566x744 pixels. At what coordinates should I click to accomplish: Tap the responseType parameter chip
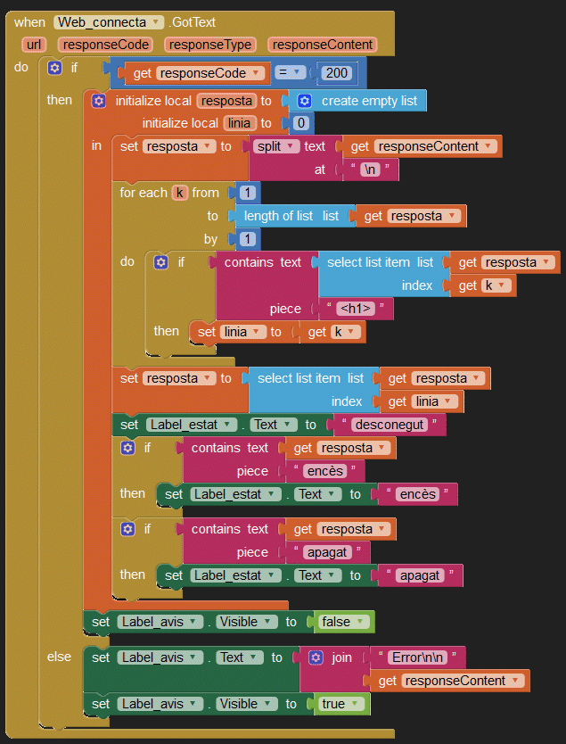(x=211, y=45)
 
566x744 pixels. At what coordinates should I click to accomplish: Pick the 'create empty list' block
(x=368, y=101)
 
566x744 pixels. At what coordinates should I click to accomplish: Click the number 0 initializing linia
(x=301, y=123)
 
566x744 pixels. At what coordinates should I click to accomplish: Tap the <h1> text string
(x=355, y=310)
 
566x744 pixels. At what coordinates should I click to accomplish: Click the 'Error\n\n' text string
(x=417, y=657)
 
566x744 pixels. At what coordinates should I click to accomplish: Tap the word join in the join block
(x=342, y=657)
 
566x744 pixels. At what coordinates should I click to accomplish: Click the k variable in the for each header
(x=179, y=193)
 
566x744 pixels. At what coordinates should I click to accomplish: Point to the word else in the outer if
(x=59, y=657)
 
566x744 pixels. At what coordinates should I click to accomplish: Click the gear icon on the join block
(x=316, y=657)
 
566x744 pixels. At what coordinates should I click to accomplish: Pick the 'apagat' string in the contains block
(x=326, y=552)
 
